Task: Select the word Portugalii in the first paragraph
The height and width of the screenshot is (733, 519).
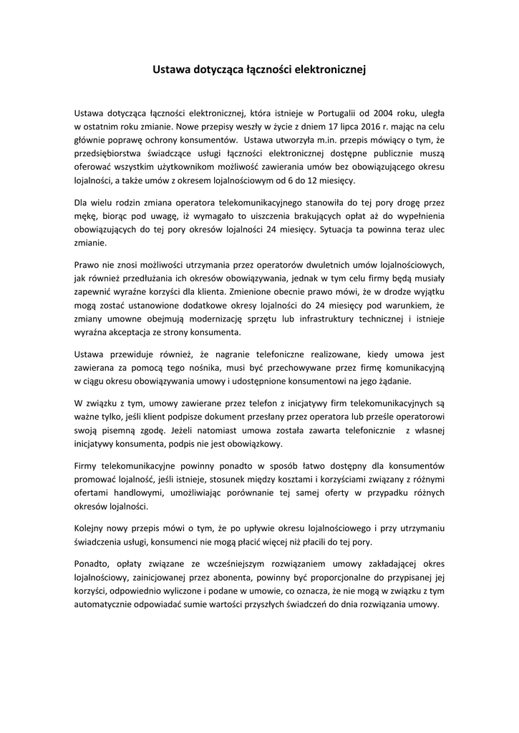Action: coord(336,112)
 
